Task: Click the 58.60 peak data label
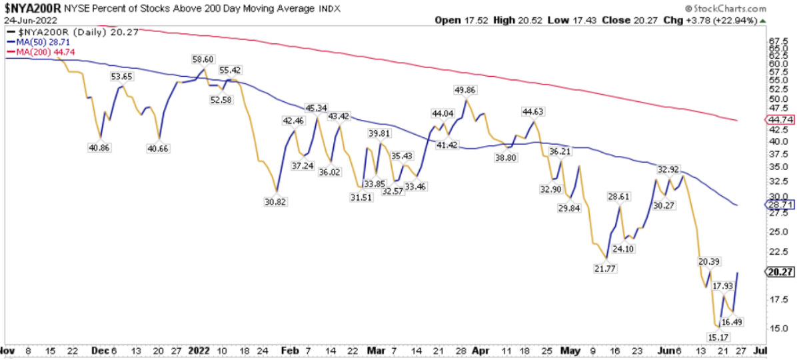tap(203, 59)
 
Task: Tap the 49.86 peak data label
tap(466, 89)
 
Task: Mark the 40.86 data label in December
tap(99, 148)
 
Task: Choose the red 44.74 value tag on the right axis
tap(780, 120)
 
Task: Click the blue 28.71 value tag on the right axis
tap(780, 205)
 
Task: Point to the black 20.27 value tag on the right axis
tap(780, 272)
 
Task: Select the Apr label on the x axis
tap(479, 349)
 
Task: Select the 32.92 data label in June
tap(672, 169)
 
